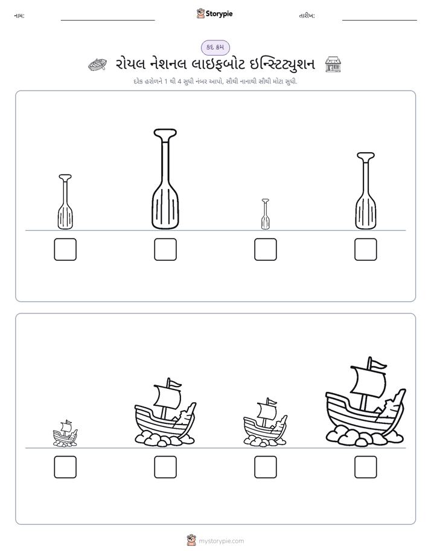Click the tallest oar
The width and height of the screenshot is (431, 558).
click(x=165, y=179)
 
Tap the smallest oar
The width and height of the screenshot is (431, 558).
click(x=265, y=214)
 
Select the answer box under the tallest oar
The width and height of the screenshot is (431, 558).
click(x=165, y=249)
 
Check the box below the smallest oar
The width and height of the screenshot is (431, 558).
click(x=265, y=249)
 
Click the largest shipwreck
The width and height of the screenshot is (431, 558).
click(x=366, y=402)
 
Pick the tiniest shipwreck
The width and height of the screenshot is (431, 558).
click(x=65, y=433)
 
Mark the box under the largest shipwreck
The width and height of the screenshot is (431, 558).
click(x=366, y=467)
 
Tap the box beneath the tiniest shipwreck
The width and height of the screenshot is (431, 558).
click(x=65, y=467)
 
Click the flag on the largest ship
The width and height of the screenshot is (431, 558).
click(x=378, y=364)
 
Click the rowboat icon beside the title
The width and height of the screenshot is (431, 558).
click(x=97, y=65)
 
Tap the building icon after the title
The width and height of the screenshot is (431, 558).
click(x=333, y=65)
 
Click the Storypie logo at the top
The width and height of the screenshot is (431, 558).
click(x=215, y=13)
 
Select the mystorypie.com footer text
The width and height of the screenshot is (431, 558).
click(x=221, y=541)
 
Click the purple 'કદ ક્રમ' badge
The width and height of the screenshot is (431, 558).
click(x=215, y=47)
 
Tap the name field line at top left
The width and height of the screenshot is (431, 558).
click(x=107, y=21)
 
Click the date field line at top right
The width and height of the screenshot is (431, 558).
click(x=380, y=21)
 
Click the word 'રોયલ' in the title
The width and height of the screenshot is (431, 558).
click(x=130, y=65)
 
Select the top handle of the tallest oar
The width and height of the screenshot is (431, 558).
click(x=165, y=133)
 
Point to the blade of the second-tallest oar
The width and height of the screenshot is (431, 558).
click(x=366, y=211)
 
